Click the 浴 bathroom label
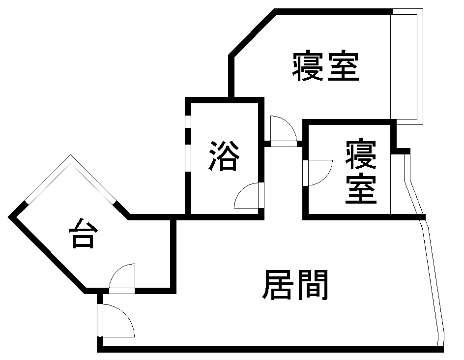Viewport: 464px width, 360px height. (x=225, y=156)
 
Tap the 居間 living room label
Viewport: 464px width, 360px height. (x=295, y=285)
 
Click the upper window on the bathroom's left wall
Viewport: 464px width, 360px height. (x=188, y=121)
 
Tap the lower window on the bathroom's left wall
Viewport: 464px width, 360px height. (x=188, y=157)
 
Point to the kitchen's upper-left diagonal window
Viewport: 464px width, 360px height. (x=47, y=179)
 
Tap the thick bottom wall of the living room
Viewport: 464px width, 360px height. (x=270, y=349)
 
